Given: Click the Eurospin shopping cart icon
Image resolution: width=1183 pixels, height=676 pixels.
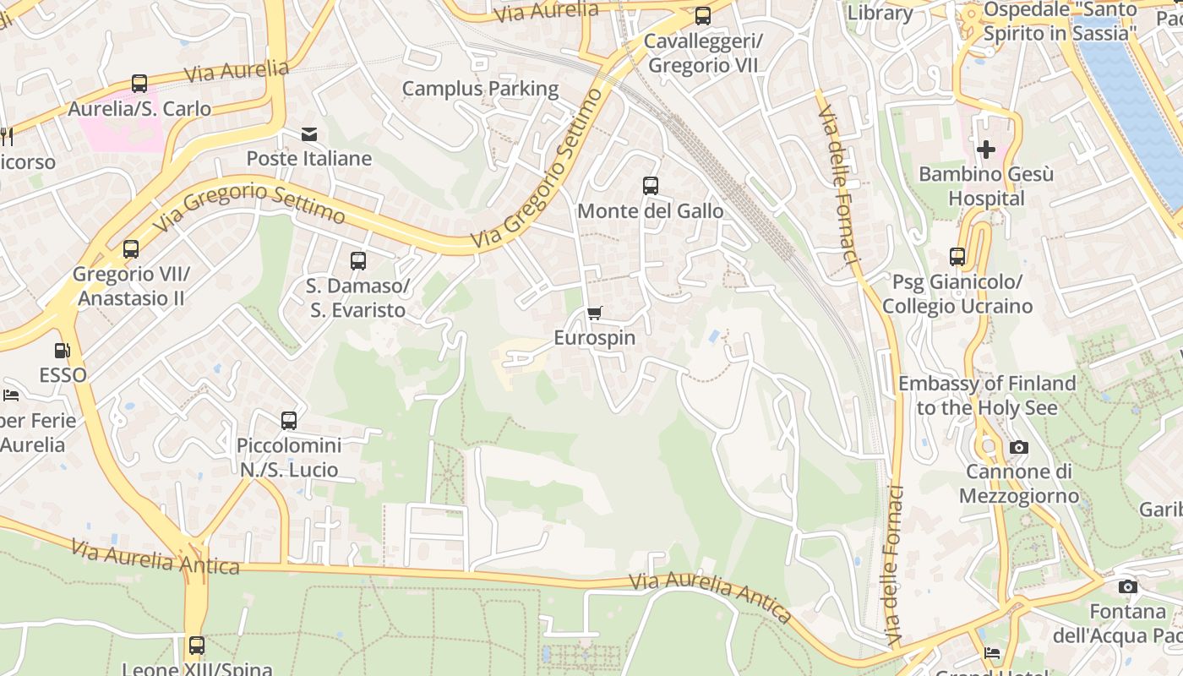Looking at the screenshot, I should (x=594, y=313).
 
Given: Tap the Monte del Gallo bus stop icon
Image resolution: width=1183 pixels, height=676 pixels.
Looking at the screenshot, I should (x=650, y=186).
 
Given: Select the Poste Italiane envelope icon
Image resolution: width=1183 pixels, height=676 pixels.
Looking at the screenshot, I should (x=309, y=134).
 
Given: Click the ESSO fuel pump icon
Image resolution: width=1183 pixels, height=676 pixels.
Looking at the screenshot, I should (x=63, y=350).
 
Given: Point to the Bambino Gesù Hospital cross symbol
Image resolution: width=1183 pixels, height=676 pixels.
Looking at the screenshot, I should (x=985, y=150).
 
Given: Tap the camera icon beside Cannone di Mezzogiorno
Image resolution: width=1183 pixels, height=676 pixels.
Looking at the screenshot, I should (x=1019, y=447).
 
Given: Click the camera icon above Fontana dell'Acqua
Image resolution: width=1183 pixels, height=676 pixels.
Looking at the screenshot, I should (x=1127, y=586).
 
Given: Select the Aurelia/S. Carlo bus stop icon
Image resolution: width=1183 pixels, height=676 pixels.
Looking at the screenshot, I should (x=139, y=84).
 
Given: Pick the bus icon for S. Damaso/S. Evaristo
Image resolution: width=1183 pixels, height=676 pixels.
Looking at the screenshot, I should (x=358, y=261).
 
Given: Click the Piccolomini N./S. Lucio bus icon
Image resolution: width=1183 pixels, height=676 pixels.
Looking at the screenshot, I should (x=289, y=420).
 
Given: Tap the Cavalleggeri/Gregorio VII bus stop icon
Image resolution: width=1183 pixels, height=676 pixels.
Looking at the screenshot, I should (x=702, y=16).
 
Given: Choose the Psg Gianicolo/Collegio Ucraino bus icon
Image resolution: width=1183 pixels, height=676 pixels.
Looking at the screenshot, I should (x=957, y=257).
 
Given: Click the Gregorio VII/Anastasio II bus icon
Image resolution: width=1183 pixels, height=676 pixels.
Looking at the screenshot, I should (x=130, y=249).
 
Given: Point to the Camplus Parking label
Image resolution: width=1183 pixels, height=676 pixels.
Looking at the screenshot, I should (x=480, y=89).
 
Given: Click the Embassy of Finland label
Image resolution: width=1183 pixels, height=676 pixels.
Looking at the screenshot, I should (x=987, y=395).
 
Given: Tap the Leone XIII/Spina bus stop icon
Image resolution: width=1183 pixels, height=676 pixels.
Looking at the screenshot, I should (x=197, y=646).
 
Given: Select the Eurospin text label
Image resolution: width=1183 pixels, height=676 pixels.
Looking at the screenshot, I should (x=594, y=338).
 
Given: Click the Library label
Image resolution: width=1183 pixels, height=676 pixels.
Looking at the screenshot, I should (x=880, y=13).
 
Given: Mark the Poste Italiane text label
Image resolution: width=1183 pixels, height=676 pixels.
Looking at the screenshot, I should (x=309, y=159).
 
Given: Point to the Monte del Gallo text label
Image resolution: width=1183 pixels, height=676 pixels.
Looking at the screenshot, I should (x=650, y=210).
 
